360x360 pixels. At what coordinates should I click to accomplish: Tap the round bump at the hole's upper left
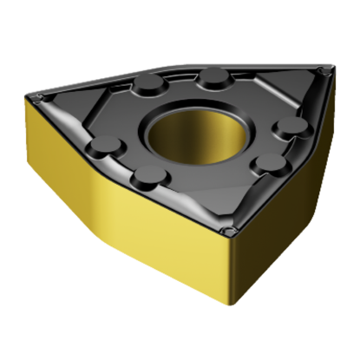148,86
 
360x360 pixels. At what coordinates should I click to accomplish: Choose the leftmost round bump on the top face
101,150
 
